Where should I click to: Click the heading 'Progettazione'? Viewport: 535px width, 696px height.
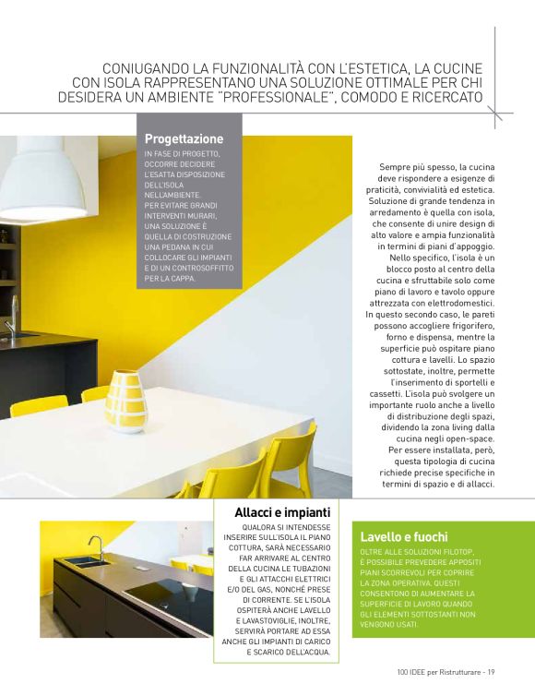[184, 138]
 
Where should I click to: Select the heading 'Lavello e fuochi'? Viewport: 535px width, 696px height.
[404, 536]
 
